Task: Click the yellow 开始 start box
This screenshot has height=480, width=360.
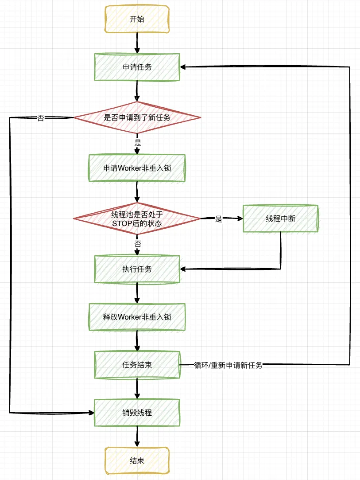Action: point(137,20)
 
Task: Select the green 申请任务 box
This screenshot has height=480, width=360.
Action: point(137,67)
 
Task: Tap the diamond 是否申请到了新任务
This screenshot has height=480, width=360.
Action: point(137,117)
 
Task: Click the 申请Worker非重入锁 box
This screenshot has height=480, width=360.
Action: point(137,168)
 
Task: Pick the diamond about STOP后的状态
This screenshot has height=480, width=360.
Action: point(137,219)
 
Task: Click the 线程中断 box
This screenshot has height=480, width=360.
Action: point(280,219)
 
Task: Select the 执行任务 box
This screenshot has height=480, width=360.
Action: point(137,269)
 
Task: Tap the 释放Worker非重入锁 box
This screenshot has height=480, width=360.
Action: point(137,317)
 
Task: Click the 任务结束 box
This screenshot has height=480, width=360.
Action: point(137,365)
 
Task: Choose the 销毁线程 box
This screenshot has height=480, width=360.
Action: point(137,413)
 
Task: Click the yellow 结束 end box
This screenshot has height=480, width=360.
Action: point(137,460)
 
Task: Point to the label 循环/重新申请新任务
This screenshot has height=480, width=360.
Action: point(228,366)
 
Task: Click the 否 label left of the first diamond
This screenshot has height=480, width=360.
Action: point(41,118)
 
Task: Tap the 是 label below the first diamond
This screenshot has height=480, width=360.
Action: point(138,143)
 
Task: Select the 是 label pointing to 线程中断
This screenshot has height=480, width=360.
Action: point(218,219)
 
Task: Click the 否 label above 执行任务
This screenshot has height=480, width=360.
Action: point(138,244)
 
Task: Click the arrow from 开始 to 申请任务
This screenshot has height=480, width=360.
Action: point(137,43)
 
